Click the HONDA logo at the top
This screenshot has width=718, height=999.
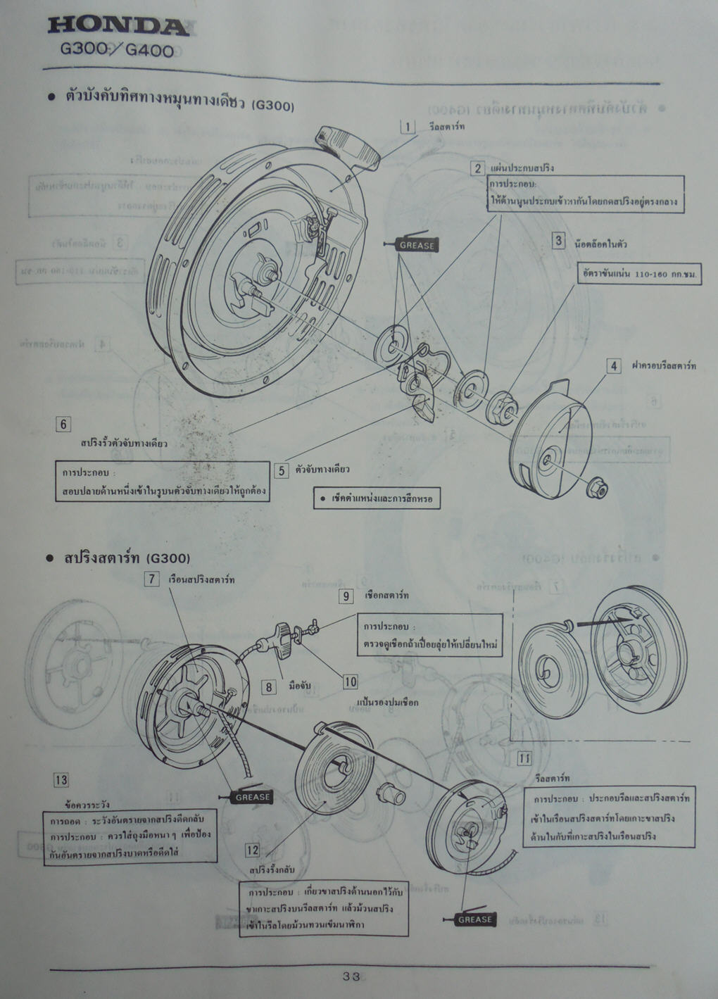pos(118,27)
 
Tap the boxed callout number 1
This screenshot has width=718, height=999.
pos(408,127)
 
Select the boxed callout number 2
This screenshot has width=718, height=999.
pos(478,168)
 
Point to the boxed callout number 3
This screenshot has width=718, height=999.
pos(558,241)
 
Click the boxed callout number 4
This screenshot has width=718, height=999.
pos(614,366)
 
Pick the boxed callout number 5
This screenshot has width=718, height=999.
pos(282,470)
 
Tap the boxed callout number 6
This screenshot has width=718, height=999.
pos(64,424)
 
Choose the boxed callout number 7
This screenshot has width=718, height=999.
pos(151,579)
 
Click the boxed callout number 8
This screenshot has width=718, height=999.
pos(268,686)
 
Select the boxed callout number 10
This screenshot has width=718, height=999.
pos(351,681)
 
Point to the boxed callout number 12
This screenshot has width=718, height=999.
pos(253,850)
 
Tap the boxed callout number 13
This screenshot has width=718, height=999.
pos(61,779)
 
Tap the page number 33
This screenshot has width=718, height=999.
pos(351,976)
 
